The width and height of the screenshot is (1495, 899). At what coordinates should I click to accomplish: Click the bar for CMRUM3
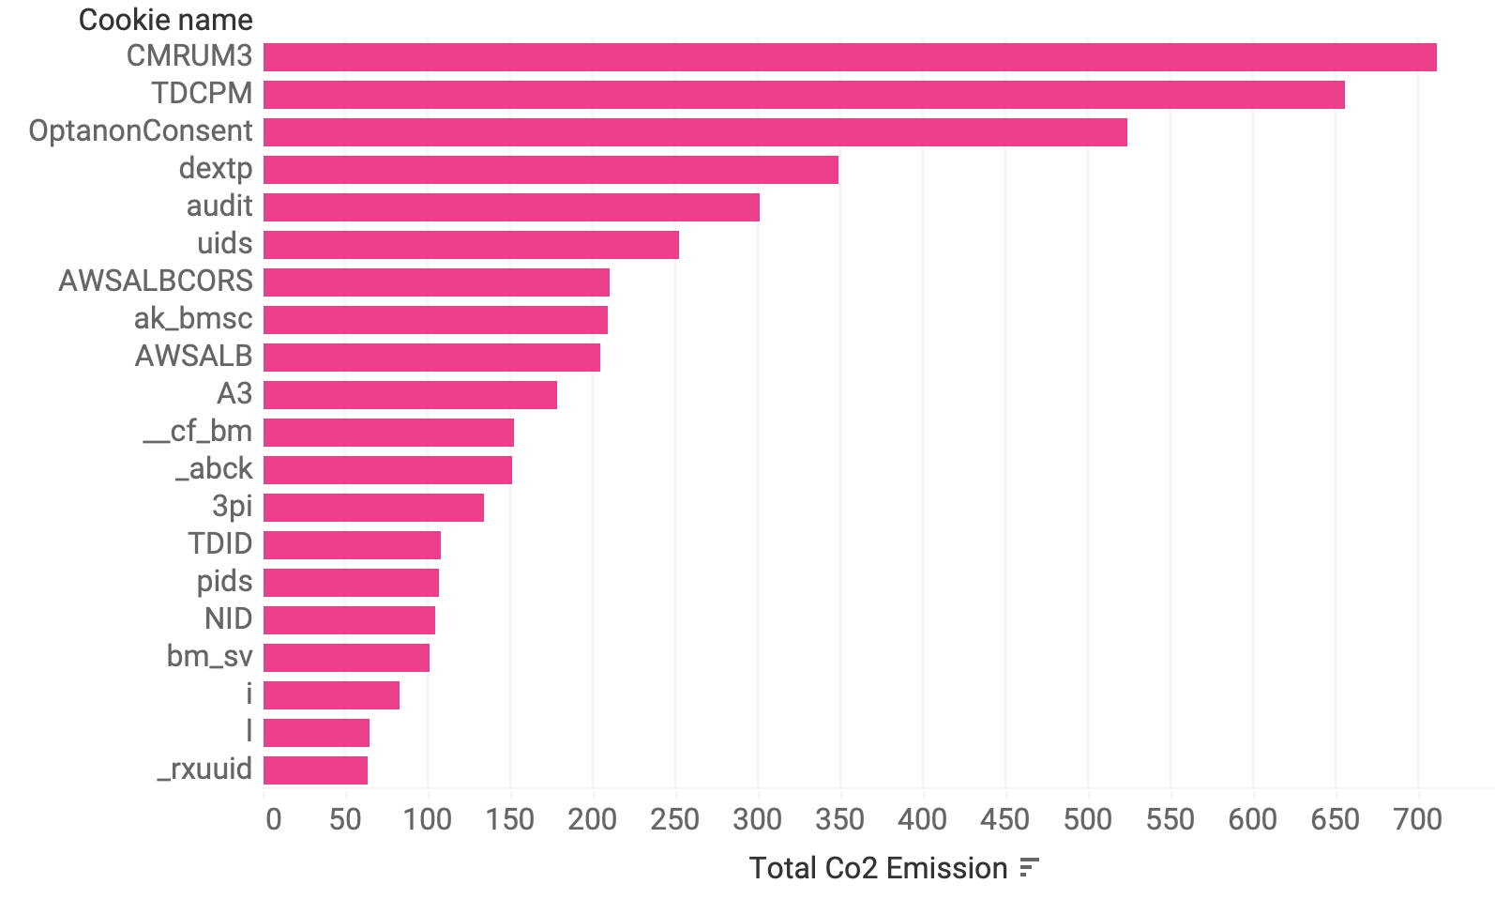(849, 56)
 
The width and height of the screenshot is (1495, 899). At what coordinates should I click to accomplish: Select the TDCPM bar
(804, 94)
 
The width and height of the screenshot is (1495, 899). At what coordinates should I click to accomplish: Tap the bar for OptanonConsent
(695, 131)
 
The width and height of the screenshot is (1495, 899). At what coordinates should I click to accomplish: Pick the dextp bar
(551, 169)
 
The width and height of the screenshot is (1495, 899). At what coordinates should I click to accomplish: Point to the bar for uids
(471, 244)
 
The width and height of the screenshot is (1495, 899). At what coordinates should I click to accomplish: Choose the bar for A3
(410, 394)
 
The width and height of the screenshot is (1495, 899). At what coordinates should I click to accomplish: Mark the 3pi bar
(373, 507)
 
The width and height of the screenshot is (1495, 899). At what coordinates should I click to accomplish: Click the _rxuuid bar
(315, 769)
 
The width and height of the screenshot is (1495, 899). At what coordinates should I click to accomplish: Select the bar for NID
(349, 619)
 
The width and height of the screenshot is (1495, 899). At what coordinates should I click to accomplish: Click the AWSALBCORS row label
(156, 281)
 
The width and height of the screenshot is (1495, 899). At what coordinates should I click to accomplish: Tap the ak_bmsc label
(193, 318)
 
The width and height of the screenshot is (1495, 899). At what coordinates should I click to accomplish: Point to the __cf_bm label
(197, 431)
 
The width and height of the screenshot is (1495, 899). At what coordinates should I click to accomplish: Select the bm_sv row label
(209, 656)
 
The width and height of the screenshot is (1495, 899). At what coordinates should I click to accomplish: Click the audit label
(219, 206)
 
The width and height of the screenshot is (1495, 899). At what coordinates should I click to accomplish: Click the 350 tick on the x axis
(839, 819)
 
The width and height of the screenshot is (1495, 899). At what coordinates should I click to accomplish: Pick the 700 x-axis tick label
(1417, 819)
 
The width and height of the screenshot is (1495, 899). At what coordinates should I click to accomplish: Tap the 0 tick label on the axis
(273, 819)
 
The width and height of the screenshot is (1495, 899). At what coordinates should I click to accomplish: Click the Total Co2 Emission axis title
(878, 868)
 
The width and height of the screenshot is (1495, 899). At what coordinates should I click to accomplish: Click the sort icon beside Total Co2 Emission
(1030, 868)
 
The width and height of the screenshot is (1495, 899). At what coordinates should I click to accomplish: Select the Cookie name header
(165, 20)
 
